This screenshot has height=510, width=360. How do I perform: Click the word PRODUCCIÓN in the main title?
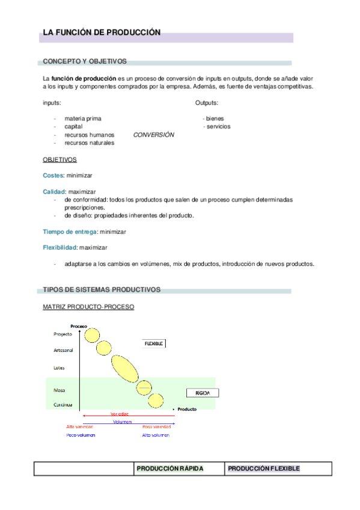pyautogui.click(x=133, y=32)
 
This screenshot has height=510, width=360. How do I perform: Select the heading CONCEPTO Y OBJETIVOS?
pyautogui.click(x=84, y=61)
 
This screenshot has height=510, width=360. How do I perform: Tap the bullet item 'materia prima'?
pyautogui.click(x=83, y=118)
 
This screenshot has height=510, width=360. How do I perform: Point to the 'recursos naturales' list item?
pyautogui.click(x=89, y=143)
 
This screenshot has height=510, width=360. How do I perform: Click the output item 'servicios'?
pyautogui.click(x=217, y=127)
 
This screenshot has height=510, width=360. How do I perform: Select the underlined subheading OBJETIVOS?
pyautogui.click(x=59, y=160)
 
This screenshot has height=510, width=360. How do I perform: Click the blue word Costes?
pyautogui.click(x=53, y=176)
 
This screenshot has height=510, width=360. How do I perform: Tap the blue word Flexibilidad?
pyautogui.click(x=59, y=247)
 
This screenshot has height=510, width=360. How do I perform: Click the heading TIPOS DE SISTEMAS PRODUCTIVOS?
pyautogui.click(x=102, y=290)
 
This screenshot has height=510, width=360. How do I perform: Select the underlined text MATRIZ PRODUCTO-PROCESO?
pyautogui.click(x=88, y=307)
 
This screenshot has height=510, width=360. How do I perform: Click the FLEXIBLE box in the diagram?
pyautogui.click(x=153, y=343)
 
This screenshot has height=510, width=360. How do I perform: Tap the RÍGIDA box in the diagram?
pyautogui.click(x=202, y=393)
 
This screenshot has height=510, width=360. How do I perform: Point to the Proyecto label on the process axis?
pyautogui.click(x=63, y=334)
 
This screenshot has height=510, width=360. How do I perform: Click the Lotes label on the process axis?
pyautogui.click(x=59, y=367)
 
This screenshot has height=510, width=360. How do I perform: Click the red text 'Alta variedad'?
pyautogui.click(x=80, y=426)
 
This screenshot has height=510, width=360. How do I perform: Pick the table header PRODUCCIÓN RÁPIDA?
pyautogui.click(x=170, y=469)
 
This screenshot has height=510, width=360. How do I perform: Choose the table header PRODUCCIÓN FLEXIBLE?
pyautogui.click(x=264, y=469)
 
